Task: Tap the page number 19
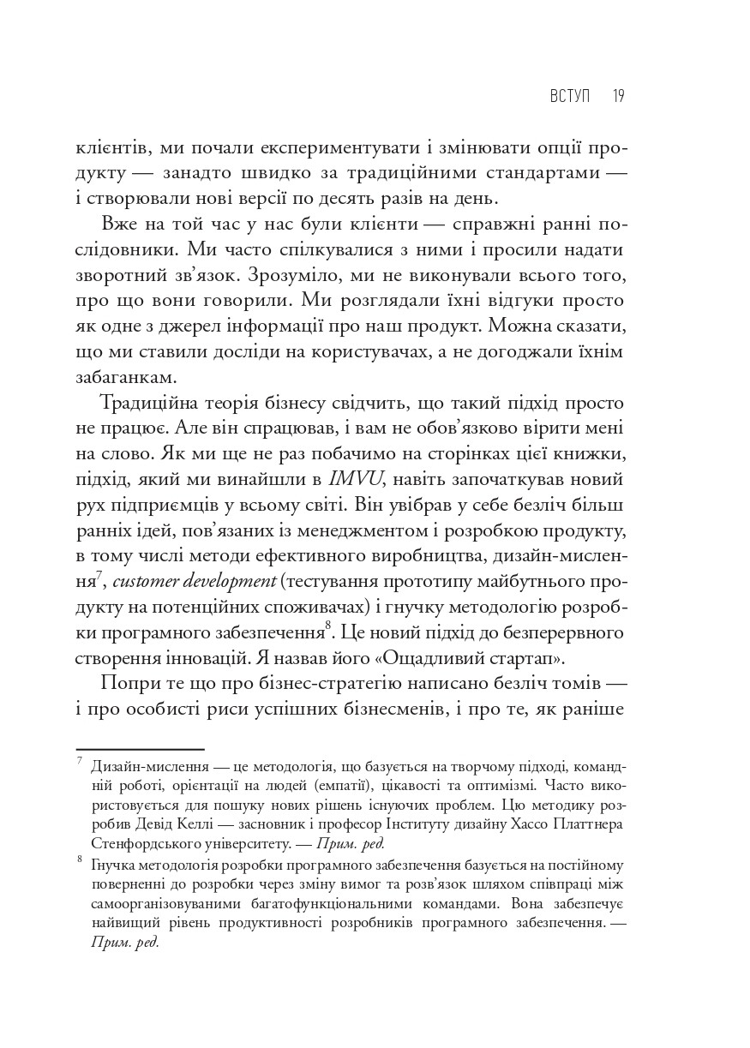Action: (x=618, y=96)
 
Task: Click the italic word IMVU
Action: (x=355, y=477)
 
